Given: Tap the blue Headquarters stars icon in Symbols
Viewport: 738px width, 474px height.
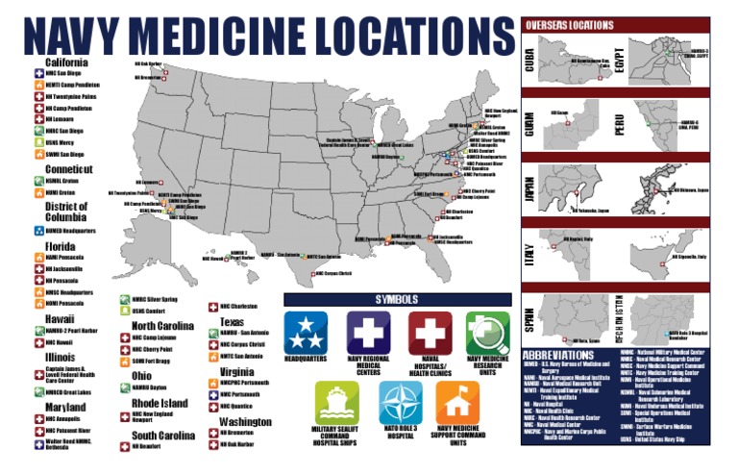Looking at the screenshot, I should [x=306, y=332].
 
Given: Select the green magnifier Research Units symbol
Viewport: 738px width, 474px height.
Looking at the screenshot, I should [x=487, y=332].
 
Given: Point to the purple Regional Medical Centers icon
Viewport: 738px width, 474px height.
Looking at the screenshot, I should [x=367, y=332].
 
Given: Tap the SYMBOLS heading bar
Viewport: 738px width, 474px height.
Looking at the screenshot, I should [x=397, y=299].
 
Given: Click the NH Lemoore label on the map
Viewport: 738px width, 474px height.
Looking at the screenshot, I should [x=150, y=181].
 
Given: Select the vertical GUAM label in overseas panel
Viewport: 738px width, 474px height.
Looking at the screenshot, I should [x=529, y=122].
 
